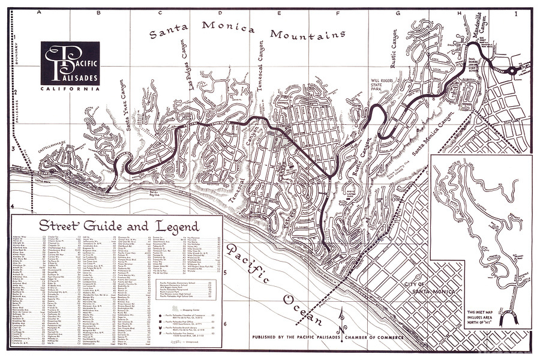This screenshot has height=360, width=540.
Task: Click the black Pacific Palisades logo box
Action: coord(70,64)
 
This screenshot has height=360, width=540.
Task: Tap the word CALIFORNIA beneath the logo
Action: coord(70,89)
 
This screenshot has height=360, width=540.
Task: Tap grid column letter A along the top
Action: coord(40,12)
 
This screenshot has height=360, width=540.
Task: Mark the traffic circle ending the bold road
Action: coord(511,71)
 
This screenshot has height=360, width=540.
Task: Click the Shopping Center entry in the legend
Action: coord(182,305)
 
